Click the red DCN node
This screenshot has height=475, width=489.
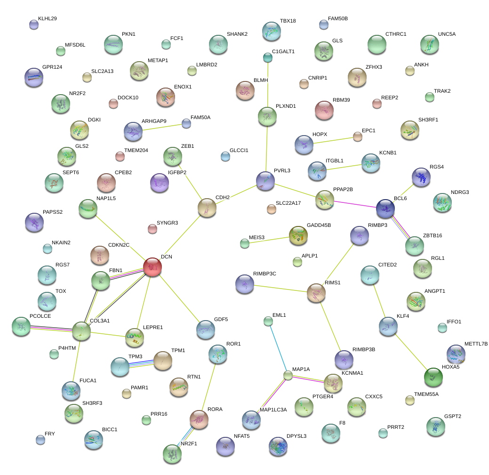152,266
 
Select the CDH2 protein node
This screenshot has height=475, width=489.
207,208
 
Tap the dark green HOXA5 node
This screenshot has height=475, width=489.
433,377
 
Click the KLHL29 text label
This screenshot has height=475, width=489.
47,19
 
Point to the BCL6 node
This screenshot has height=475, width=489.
385,208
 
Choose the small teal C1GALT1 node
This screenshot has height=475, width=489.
267,57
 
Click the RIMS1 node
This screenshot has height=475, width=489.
316,293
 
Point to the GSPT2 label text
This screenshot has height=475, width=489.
452,417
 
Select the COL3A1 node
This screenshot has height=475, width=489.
81,331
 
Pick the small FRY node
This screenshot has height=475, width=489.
40,440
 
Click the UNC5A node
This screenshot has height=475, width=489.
429,44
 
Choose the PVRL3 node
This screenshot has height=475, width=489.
265,181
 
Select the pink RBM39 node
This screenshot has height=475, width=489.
324,110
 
